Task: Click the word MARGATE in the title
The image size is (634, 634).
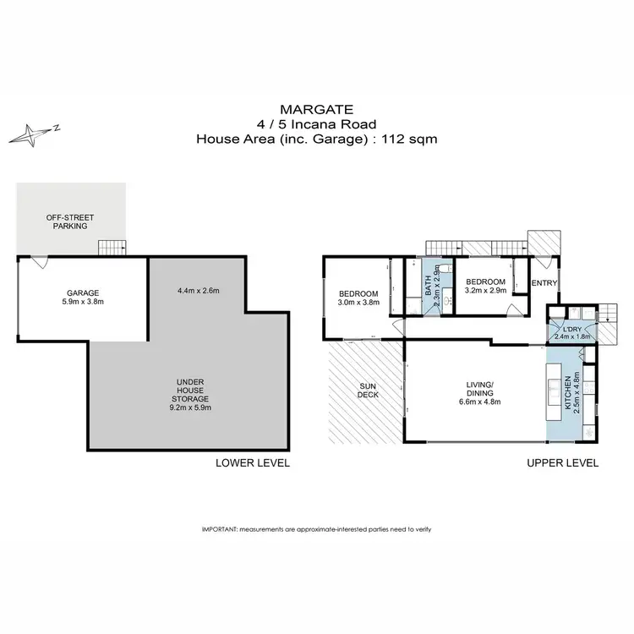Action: pos(317,109)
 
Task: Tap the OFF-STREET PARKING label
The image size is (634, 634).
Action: pos(70,222)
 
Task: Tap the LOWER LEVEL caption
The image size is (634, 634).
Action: pos(253,462)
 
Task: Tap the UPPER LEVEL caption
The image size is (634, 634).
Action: pos(562,462)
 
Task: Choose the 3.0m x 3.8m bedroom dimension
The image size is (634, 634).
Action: pos(358,301)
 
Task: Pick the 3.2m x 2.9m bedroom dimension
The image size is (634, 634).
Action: pos(485,291)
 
